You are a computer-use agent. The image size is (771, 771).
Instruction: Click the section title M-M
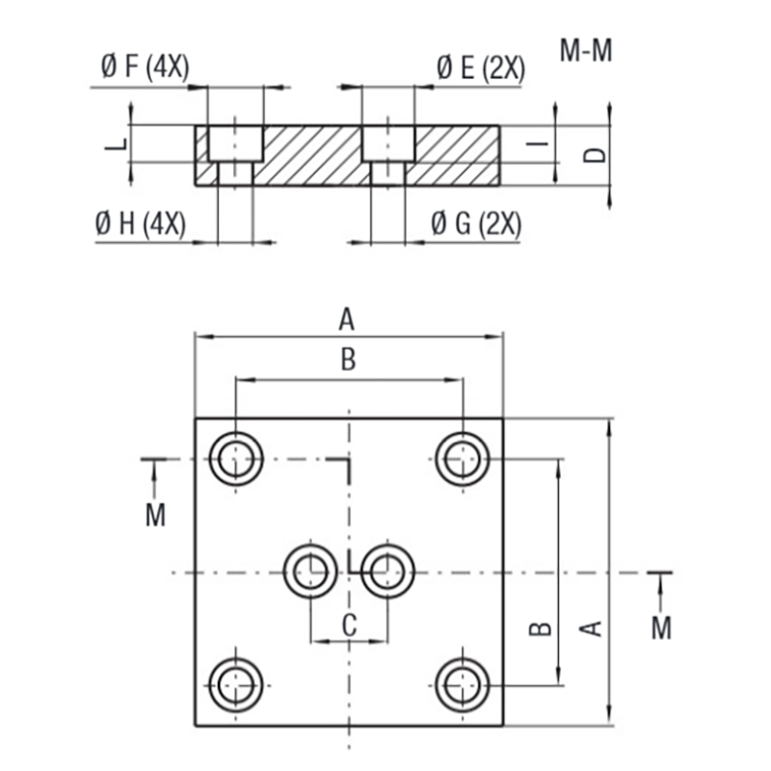click(x=586, y=51)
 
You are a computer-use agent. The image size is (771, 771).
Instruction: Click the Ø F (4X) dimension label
click(x=145, y=67)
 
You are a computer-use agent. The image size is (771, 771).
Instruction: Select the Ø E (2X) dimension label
click(x=480, y=67)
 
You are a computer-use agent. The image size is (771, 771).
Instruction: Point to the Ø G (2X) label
click(x=476, y=225)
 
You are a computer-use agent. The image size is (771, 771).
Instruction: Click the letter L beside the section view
click(x=116, y=146)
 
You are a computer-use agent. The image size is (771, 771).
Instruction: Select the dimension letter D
click(x=597, y=153)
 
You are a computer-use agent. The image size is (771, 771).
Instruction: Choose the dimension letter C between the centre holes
click(x=349, y=625)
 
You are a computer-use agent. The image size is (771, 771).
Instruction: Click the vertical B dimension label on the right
click(x=542, y=627)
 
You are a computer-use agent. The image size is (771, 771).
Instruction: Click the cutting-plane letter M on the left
click(x=155, y=515)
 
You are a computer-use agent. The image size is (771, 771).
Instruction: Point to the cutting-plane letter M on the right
click(x=661, y=627)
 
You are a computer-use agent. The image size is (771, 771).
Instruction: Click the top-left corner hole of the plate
click(x=235, y=459)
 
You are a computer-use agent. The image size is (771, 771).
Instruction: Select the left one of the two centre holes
click(x=309, y=572)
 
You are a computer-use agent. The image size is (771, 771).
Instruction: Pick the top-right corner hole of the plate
click(x=463, y=459)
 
